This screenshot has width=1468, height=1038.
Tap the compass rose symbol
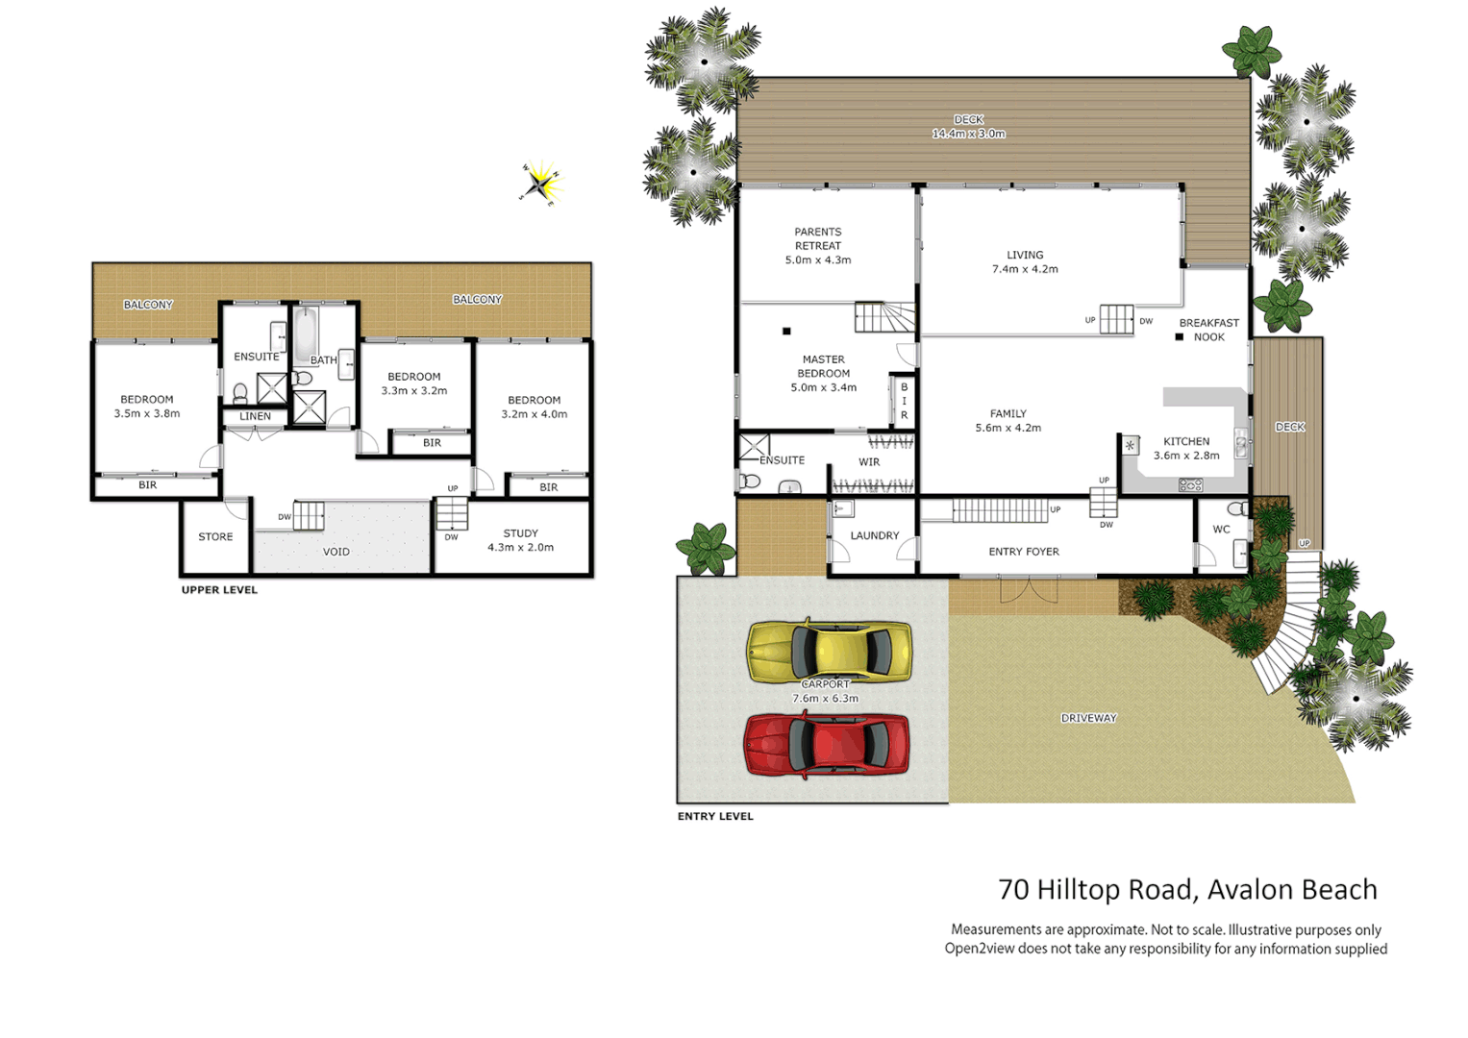pos(541,184)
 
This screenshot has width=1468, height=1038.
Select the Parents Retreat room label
pos(817,246)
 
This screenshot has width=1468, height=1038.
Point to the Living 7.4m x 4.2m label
pos(1025,262)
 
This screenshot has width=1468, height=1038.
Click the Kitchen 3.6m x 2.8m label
pos(1186,449)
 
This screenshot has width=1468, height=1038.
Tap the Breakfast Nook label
pos(1208,330)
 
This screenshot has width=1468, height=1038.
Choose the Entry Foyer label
pos(1024,552)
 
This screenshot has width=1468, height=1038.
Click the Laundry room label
pos(875,535)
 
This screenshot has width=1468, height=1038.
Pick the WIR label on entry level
pos(869,462)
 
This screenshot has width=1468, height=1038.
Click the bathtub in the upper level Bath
pos(306,334)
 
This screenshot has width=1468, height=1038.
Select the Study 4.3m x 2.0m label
pos(520,540)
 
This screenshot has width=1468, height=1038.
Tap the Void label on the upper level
pos(336,552)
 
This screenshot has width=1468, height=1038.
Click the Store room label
pos(215,537)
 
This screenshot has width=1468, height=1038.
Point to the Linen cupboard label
pos(255,416)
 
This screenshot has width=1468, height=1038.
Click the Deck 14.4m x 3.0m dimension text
pos(968,134)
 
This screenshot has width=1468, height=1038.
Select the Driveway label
pos(1088,718)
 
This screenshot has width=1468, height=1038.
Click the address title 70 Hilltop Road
pos(1187,890)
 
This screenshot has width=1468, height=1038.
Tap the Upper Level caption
pos(219,590)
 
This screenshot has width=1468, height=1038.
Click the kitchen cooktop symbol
pos(1190,485)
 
